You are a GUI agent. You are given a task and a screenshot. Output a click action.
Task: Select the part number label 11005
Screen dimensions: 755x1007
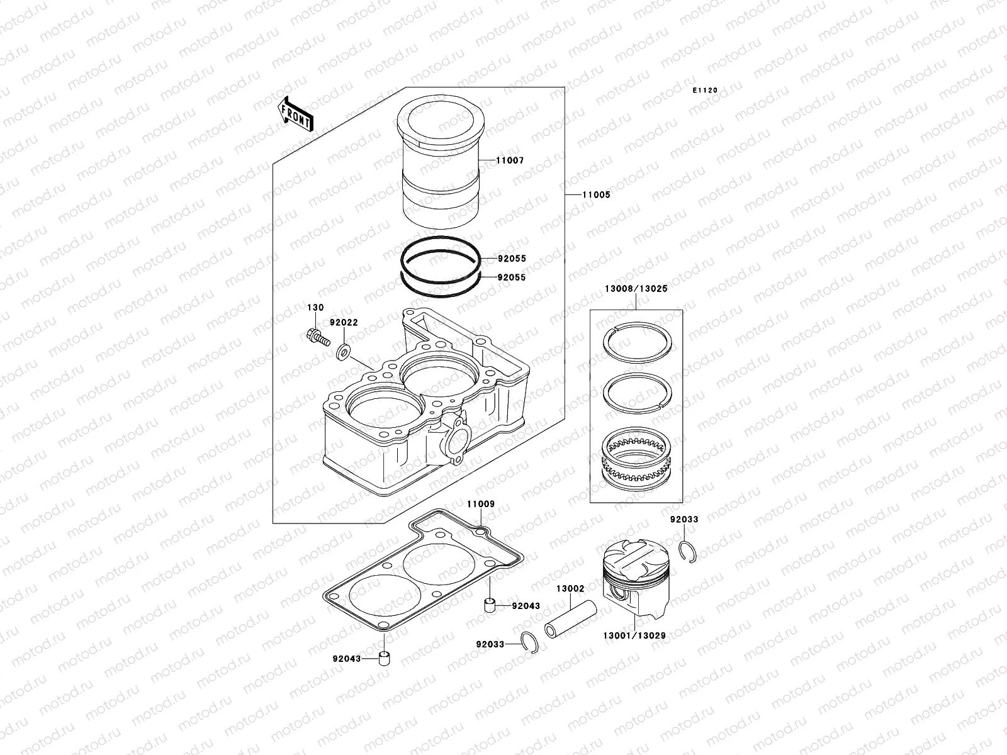596,195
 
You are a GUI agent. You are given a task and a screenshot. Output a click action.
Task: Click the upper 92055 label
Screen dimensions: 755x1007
511,259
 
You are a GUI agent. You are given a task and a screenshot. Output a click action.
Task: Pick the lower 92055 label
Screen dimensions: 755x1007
511,277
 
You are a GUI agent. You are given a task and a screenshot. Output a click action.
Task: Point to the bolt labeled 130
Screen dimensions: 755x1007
318,339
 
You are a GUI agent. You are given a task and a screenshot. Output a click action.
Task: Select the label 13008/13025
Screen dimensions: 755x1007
636,289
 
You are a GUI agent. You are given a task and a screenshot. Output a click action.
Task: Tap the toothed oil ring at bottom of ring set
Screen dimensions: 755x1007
638,459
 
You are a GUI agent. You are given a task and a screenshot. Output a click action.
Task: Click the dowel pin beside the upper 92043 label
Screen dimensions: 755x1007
488,606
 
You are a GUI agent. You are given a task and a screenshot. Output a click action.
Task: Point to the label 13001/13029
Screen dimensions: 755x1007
634,636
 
